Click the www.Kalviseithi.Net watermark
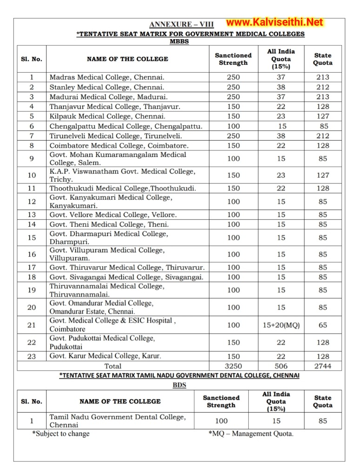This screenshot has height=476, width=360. (x=274, y=22)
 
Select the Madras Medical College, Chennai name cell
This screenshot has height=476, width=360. (x=107, y=77)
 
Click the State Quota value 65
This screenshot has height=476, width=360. (x=322, y=325)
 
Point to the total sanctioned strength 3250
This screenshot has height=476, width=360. (x=233, y=366)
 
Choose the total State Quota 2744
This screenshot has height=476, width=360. (x=322, y=366)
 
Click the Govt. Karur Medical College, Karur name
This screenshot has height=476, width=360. (x=105, y=356)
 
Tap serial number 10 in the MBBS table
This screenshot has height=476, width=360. (x=32, y=175)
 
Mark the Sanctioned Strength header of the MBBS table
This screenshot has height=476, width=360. (x=233, y=59)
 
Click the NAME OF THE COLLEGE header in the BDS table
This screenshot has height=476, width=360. (x=120, y=402)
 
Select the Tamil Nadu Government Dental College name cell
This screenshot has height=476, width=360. (x=117, y=421)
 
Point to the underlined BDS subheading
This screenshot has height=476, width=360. (x=180, y=385)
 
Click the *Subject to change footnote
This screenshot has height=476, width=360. (x=61, y=434)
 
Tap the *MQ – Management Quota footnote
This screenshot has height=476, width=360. (x=251, y=434)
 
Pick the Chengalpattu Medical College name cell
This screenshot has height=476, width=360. (x=126, y=126)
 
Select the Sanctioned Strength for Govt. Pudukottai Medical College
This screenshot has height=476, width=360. (x=233, y=342)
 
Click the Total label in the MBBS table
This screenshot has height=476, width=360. (x=113, y=366)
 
